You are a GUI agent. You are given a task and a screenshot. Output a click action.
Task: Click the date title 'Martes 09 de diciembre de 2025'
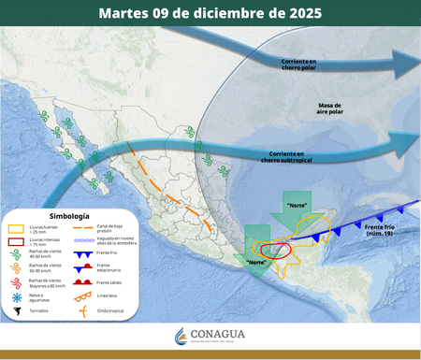(210, 13)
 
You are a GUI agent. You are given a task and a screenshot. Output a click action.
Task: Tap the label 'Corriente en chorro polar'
(305, 65)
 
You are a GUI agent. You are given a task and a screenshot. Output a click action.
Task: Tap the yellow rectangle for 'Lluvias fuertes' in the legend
(16, 227)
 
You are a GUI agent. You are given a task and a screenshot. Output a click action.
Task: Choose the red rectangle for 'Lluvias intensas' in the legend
(16, 241)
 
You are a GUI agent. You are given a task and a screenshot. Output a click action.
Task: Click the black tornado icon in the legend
(16, 310)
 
